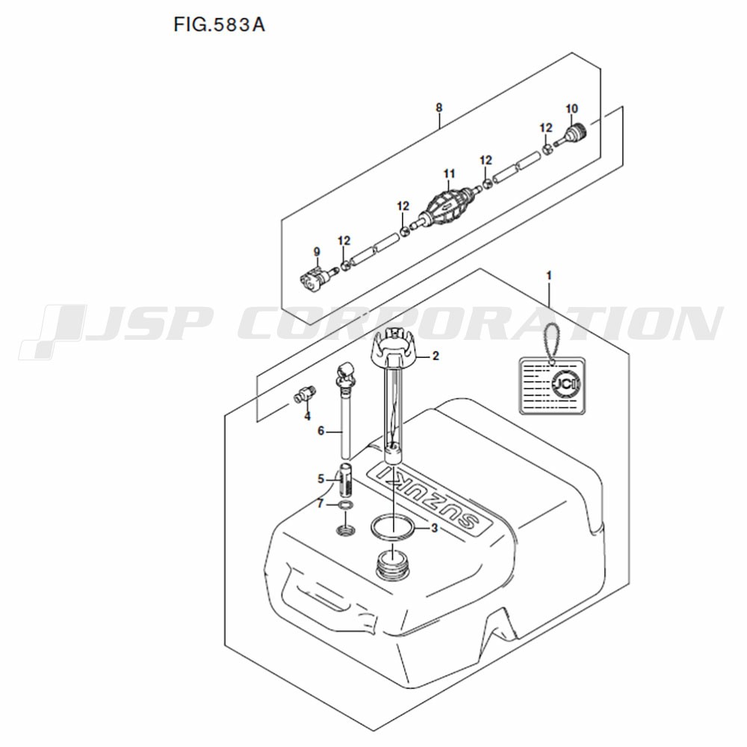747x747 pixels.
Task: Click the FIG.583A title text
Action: (x=219, y=25)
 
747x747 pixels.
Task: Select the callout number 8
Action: (x=438, y=108)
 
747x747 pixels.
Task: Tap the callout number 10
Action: (x=571, y=108)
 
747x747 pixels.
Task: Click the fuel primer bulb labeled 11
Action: (x=449, y=205)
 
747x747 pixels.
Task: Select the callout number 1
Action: (x=549, y=276)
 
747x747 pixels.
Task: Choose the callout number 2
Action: (x=436, y=356)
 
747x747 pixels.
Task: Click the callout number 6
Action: (x=320, y=431)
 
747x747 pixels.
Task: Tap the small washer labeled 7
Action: (x=346, y=504)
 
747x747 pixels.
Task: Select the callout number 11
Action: (x=449, y=174)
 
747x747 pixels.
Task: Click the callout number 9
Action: (x=317, y=252)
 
